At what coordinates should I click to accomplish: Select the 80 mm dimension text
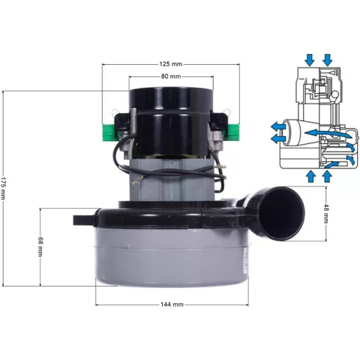(x=170, y=76)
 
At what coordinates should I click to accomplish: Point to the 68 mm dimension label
(x=41, y=246)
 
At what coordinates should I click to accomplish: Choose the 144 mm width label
(x=172, y=305)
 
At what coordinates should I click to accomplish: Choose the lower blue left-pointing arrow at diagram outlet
(x=276, y=137)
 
